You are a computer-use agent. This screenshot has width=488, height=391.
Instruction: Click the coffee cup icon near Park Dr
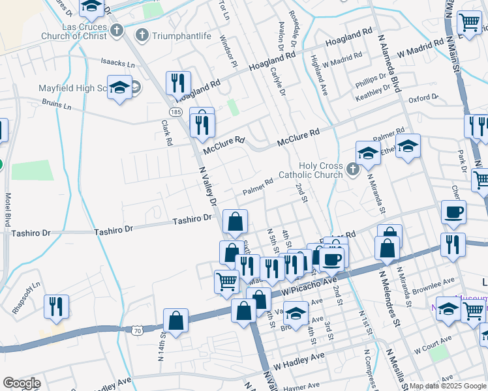click(453, 211)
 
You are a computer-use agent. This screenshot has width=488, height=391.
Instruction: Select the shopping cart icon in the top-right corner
click(469, 23)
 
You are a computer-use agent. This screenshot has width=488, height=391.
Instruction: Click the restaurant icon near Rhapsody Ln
click(55, 306)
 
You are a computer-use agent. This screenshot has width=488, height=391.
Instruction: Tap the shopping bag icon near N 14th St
click(175, 320)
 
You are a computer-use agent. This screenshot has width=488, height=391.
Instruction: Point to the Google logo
click(22, 383)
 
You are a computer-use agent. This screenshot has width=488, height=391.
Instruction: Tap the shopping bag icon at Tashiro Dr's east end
click(235, 222)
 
